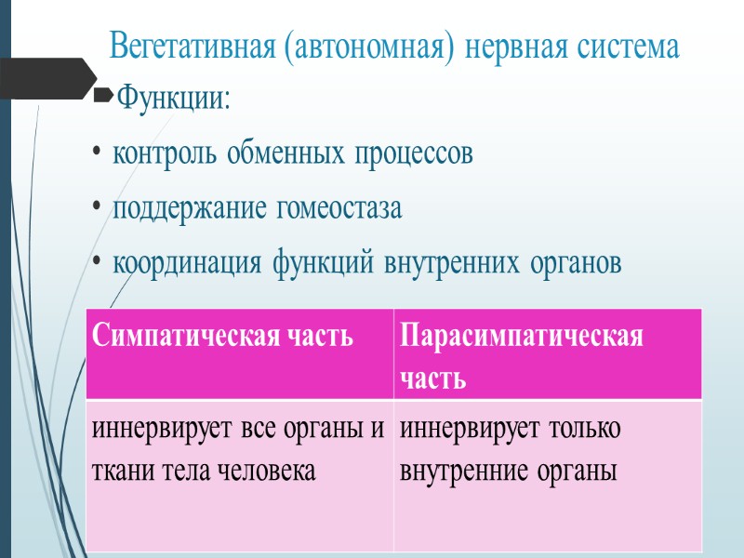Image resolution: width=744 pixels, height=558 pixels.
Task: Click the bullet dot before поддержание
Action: click(98, 208)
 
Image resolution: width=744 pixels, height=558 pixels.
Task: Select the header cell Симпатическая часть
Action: click(240, 353)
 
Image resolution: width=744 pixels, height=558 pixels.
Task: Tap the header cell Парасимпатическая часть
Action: click(547, 353)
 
